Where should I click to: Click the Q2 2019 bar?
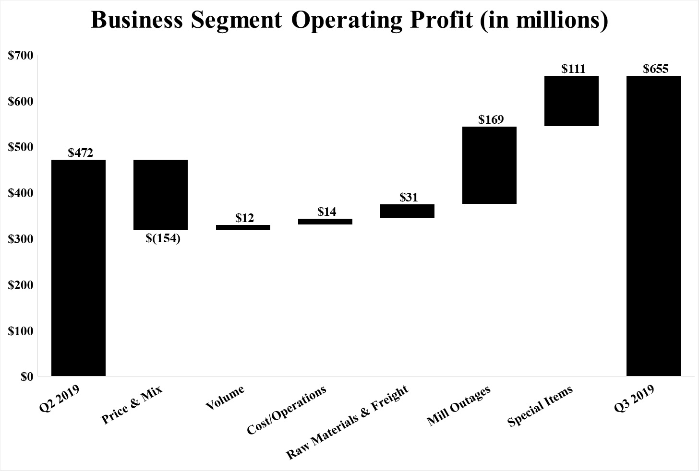coord(78,268)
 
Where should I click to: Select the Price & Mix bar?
coord(160,195)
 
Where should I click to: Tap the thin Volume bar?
coord(243,227)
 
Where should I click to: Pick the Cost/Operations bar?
coord(325,222)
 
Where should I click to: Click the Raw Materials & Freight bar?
coord(407,211)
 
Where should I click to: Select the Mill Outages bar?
coord(489,165)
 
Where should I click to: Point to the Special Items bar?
coord(571,101)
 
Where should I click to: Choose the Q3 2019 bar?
coord(653,225)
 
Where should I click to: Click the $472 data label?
coord(81,153)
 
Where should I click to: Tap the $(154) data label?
coord(163,238)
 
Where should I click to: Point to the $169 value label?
coord(491,119)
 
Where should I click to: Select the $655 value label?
coord(655,69)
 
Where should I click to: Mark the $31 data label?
coord(409,197)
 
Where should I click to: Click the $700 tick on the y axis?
coord(21,56)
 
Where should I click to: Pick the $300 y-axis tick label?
coord(21,239)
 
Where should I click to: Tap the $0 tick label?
coord(26,377)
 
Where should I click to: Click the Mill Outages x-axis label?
coord(459,406)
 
